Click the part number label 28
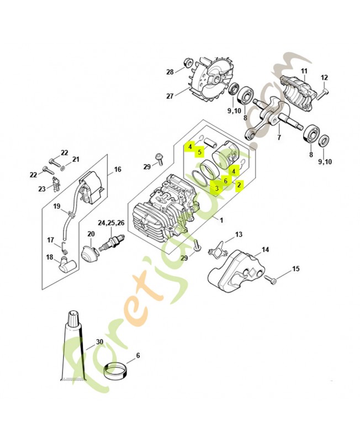[170, 72]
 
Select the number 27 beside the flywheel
[170, 96]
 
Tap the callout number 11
[304, 71]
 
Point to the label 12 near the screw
[324, 77]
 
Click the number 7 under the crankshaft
[279, 137]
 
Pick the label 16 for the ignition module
[118, 170]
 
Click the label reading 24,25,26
[111, 224]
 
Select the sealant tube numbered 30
[73, 348]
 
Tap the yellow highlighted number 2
[239, 185]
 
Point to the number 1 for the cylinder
[221, 220]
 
